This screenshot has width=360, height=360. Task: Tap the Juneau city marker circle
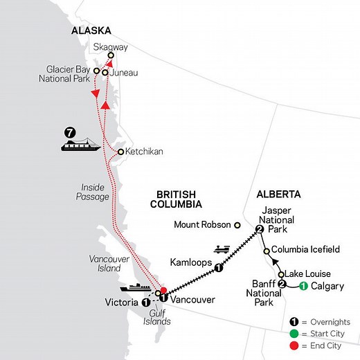point(105,72)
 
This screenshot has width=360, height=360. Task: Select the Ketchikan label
point(144,152)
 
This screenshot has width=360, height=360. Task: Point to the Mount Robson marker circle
point(237,225)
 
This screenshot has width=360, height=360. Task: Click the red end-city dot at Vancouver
point(163,291)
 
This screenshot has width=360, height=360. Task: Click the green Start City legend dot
point(294,334)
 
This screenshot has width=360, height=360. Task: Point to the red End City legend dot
point(294,345)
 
